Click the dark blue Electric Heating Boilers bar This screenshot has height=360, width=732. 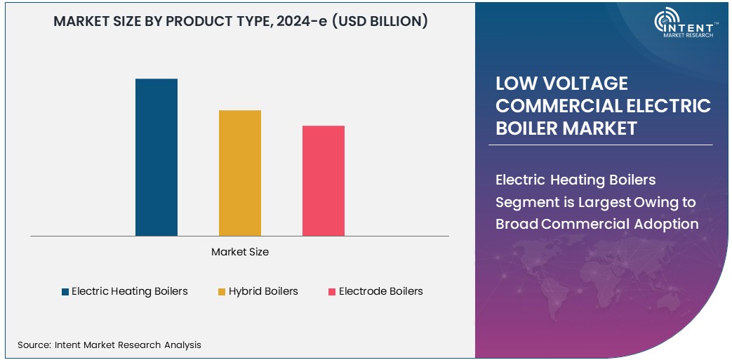coord(157,157)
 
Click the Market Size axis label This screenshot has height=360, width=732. coord(240,251)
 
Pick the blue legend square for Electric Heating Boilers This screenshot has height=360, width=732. coord(65,291)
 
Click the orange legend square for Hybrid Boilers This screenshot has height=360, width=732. coord(222,291)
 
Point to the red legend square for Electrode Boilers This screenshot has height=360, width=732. coord(332,291)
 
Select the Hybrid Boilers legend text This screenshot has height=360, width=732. coord(263,291)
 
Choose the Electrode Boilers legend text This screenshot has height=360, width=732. coord(380,291)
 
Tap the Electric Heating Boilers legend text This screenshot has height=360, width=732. coord(130,291)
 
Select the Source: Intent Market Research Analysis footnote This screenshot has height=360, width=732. coord(109,345)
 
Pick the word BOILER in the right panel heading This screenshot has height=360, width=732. coord(525,128)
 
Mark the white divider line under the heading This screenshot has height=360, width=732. coord(600,145)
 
